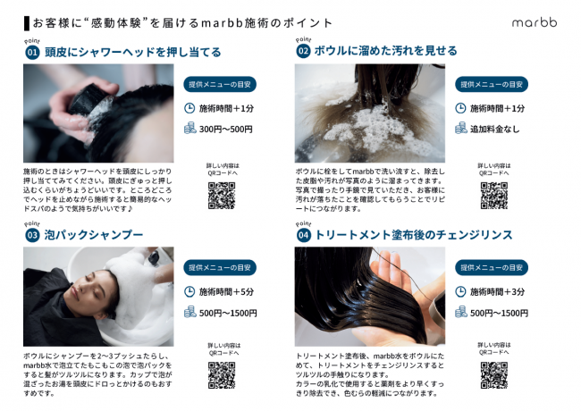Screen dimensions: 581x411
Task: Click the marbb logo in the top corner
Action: click(535, 22)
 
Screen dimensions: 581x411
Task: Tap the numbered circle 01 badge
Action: click(32, 52)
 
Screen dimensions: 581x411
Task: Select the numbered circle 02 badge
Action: click(303, 51)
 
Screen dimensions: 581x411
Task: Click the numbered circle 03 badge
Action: click(32, 235)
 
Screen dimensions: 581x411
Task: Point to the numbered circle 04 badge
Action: click(304, 235)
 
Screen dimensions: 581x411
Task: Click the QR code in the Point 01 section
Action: click(222, 196)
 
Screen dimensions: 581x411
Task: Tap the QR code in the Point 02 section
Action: click(494, 196)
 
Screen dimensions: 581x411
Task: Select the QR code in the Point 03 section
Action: click(222, 375)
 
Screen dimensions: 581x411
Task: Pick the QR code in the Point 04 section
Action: click(494, 375)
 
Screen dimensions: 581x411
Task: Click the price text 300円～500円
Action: click(225, 130)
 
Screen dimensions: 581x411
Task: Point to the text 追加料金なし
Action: click(494, 130)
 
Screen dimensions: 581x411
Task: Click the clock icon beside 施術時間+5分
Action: click(189, 292)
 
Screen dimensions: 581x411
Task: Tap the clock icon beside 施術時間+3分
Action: click(460, 292)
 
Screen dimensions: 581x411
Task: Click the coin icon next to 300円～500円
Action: click(190, 128)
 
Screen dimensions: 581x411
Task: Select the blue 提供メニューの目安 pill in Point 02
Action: click(492, 84)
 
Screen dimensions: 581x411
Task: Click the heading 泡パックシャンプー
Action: click(94, 235)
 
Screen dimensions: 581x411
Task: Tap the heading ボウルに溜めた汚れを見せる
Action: click(386, 51)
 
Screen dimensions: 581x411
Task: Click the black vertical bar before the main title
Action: click(26, 23)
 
